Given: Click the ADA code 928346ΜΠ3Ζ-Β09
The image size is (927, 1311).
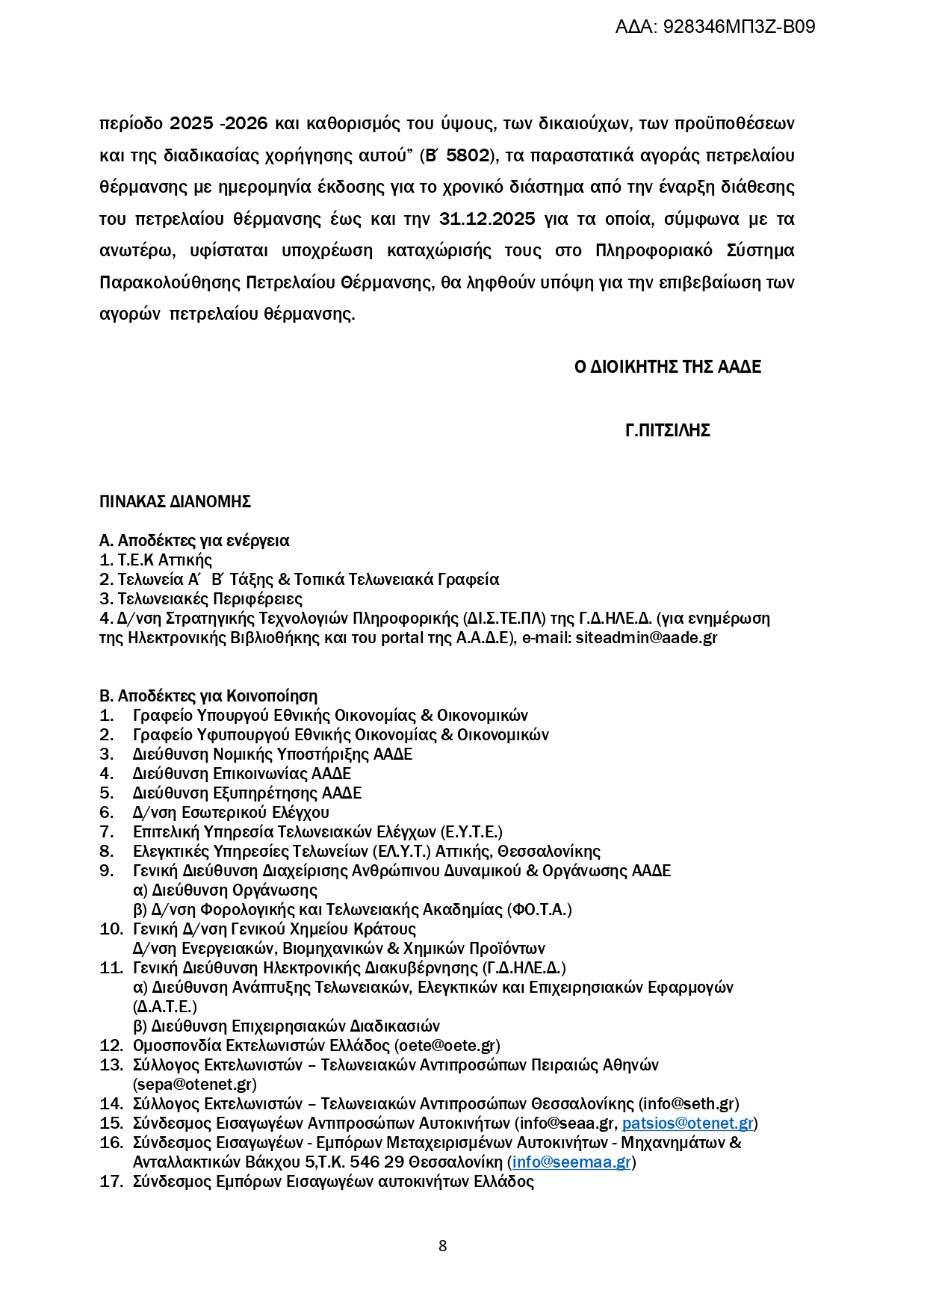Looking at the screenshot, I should click(739, 27).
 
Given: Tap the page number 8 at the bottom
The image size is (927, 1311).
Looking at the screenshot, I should click(443, 1245).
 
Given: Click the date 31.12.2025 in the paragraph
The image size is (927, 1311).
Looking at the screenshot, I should click(487, 219).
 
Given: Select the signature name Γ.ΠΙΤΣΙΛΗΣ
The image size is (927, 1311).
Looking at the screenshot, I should click(668, 430).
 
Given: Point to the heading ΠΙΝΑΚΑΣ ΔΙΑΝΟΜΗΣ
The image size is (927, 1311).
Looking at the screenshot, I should click(175, 502).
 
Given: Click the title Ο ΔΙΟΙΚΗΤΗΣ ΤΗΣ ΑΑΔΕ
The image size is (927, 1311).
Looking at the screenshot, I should click(668, 367).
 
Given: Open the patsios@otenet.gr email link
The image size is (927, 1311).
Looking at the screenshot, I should click(687, 1124).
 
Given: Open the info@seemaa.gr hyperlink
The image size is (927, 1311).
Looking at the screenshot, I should click(572, 1162).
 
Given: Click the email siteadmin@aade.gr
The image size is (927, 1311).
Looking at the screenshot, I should click(646, 638).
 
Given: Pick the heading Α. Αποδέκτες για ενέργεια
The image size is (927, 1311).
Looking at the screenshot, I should click(194, 541).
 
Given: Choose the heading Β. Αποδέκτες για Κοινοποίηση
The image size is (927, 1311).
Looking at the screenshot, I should click(208, 696).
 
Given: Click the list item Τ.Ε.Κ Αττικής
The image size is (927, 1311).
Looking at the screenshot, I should click(165, 560).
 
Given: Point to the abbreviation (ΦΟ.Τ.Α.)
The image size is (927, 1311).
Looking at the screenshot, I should click(539, 910).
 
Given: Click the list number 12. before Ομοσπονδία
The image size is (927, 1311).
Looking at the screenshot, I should click(111, 1046).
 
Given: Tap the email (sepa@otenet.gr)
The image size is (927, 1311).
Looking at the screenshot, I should click(195, 1085).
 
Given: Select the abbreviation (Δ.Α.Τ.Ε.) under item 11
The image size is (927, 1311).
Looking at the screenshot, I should click(165, 1007).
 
